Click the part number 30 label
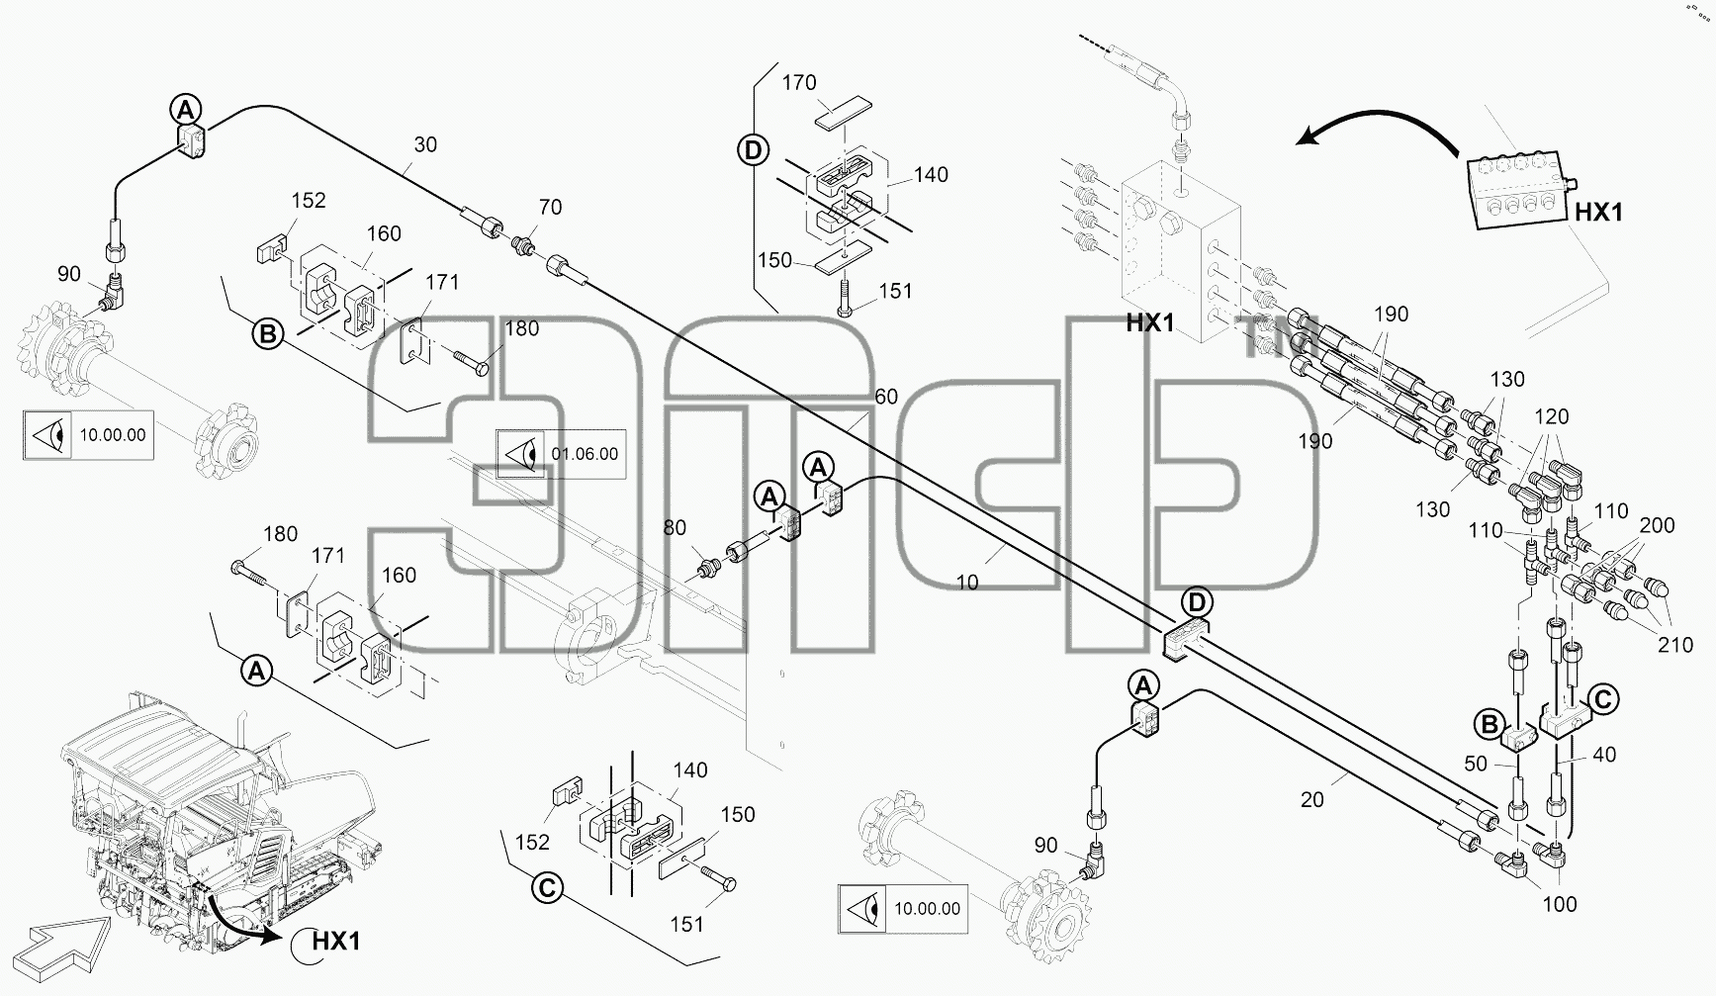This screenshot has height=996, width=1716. click(425, 144)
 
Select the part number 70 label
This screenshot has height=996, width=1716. click(550, 207)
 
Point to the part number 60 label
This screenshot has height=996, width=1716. click(886, 397)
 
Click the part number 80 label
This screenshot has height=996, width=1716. click(675, 528)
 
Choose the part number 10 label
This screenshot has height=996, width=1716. click(967, 583)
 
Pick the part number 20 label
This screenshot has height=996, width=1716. click(1311, 800)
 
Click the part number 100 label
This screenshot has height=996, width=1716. click(1559, 904)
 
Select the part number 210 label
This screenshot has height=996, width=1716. click(1675, 645)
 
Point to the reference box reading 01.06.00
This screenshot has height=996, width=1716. click(561, 454)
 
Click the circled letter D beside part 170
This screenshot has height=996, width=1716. click(753, 151)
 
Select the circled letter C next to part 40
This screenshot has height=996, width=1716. click(1603, 700)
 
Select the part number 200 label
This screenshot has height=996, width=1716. click(1657, 525)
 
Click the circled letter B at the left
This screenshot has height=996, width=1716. click(268, 334)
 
